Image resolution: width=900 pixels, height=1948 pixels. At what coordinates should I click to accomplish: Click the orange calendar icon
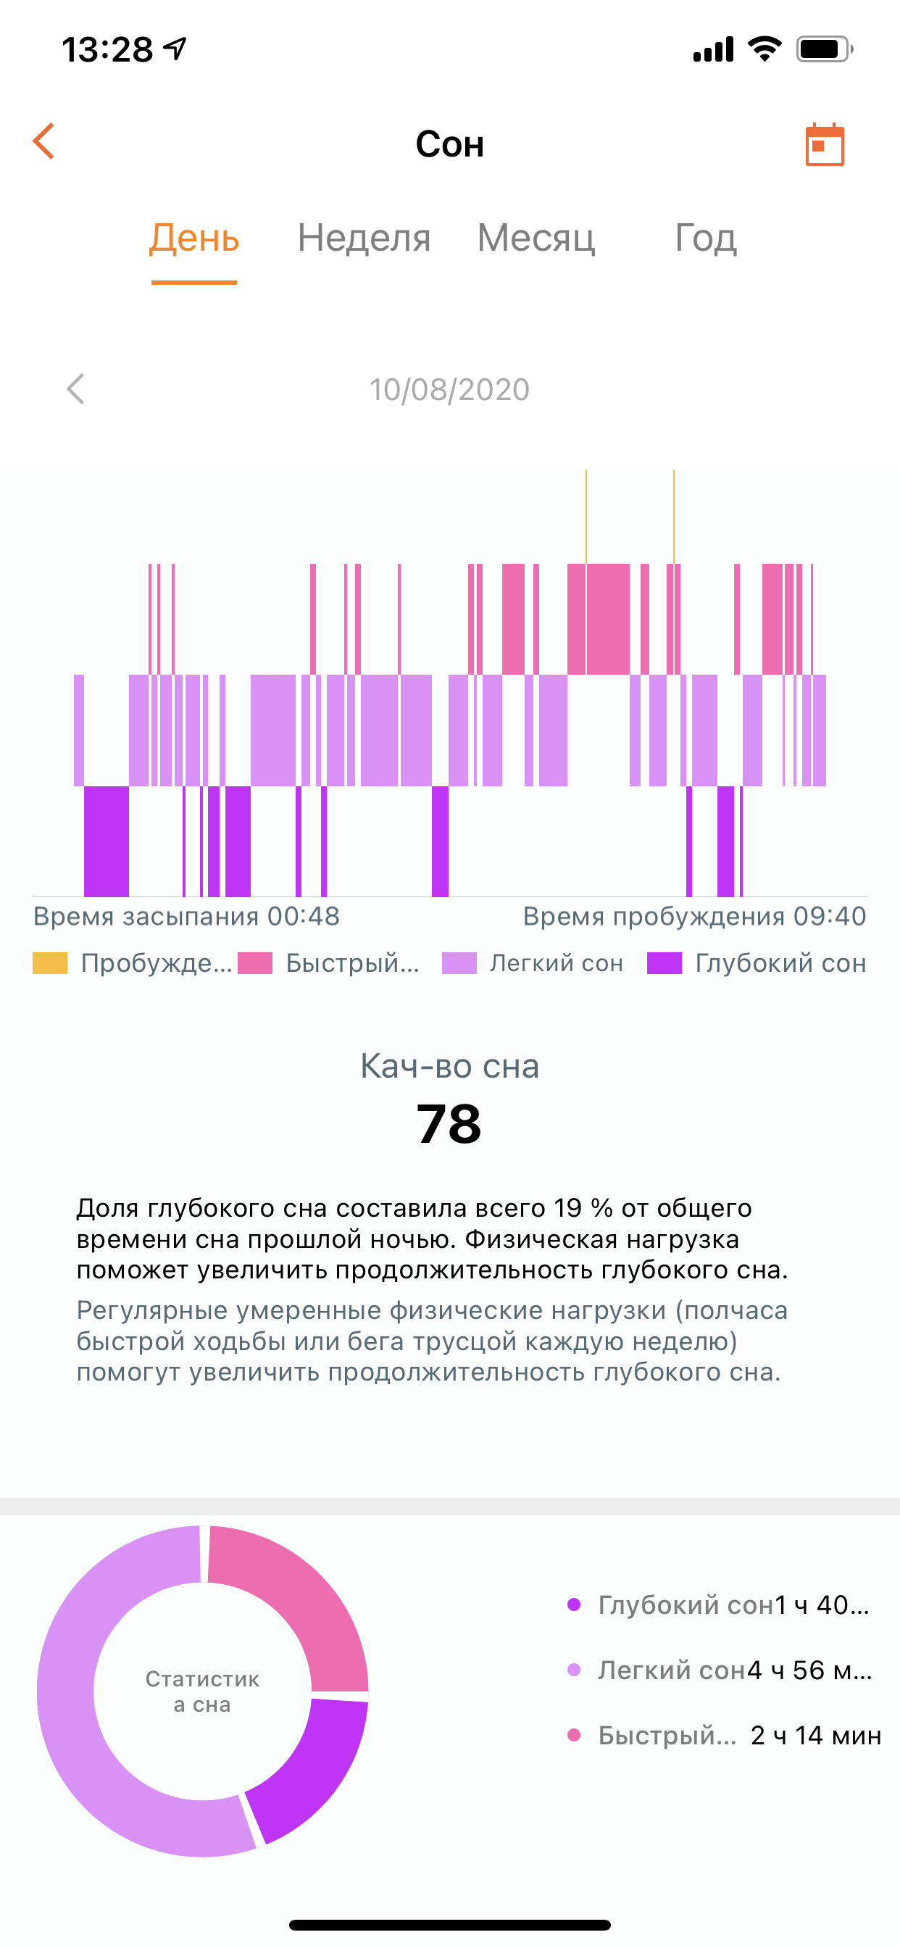coord(825,143)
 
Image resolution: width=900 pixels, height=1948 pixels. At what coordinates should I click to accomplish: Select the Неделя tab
coord(364,238)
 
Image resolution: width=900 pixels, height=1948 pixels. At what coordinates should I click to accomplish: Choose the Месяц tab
coord(536,238)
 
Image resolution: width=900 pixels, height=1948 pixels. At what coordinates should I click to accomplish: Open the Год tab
coord(705,238)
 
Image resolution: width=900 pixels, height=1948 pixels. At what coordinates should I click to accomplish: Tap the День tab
coord(194,238)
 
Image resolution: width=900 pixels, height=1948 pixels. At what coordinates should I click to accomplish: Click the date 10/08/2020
coord(449,389)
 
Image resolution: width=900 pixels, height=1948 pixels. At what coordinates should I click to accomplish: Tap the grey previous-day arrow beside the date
coord(75,389)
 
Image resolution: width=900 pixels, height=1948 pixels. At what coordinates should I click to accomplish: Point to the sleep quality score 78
coord(449,1124)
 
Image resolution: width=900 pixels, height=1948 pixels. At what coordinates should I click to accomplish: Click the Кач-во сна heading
coord(449,1066)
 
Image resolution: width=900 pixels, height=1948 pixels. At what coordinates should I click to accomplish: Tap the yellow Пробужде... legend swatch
coord(50,962)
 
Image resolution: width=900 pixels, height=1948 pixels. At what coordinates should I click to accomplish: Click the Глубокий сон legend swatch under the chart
coord(664,962)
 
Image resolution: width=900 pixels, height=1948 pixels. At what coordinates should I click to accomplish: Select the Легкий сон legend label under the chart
coord(556,962)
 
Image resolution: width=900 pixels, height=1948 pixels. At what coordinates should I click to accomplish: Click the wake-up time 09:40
coord(830,917)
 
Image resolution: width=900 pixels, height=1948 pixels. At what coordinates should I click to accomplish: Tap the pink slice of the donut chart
coord(302,1596)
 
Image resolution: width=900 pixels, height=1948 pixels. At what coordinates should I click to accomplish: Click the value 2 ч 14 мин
coord(815,1736)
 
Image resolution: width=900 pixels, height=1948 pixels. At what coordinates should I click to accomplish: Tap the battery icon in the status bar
coord(823,50)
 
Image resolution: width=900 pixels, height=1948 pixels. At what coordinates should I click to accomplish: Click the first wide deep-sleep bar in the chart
coord(106,841)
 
